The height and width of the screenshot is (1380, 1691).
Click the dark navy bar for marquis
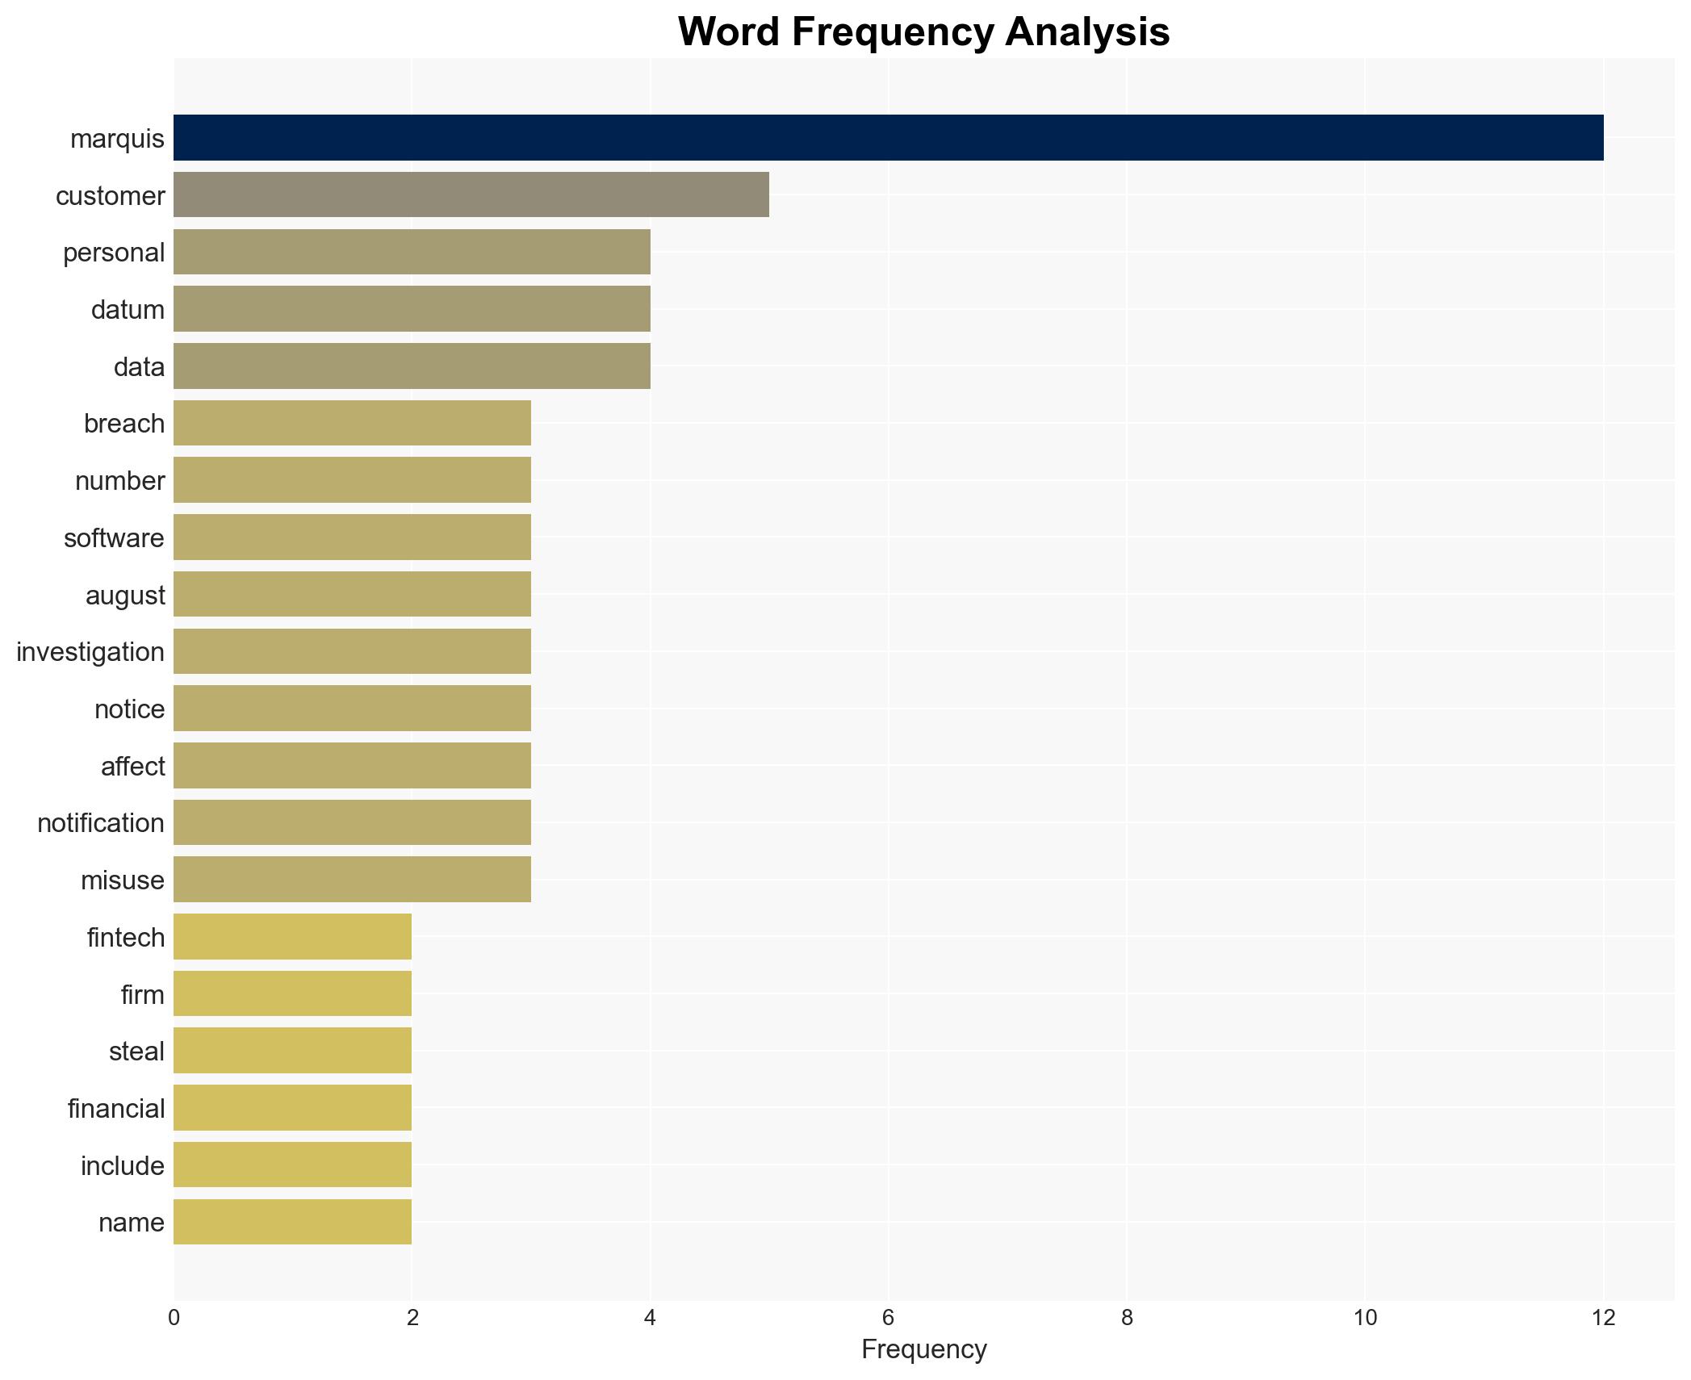[888, 137]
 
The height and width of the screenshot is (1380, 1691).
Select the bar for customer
[471, 194]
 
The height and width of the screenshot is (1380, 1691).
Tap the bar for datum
[412, 308]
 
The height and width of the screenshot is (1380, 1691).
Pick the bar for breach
[352, 423]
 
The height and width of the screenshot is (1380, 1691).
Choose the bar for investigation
[352, 651]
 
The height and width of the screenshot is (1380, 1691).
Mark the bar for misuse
[352, 879]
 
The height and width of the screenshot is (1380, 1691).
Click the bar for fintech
[292, 936]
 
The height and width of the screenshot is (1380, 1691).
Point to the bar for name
[292, 1222]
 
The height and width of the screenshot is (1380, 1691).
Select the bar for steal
[292, 1051]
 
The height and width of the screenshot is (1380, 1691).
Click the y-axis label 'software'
[114, 537]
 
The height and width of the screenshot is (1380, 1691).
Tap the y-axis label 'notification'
[101, 822]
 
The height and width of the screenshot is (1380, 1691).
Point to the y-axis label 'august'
[125, 595]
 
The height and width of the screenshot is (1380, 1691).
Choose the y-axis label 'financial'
[116, 1108]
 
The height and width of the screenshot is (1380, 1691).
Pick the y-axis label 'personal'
[114, 253]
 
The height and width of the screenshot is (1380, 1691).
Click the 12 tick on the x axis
[1603, 1318]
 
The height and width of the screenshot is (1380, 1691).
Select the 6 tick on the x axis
[888, 1318]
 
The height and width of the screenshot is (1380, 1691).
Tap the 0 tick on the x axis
[174, 1318]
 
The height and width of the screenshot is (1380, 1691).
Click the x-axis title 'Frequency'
[923, 1349]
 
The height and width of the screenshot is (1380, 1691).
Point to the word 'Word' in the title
[729, 32]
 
